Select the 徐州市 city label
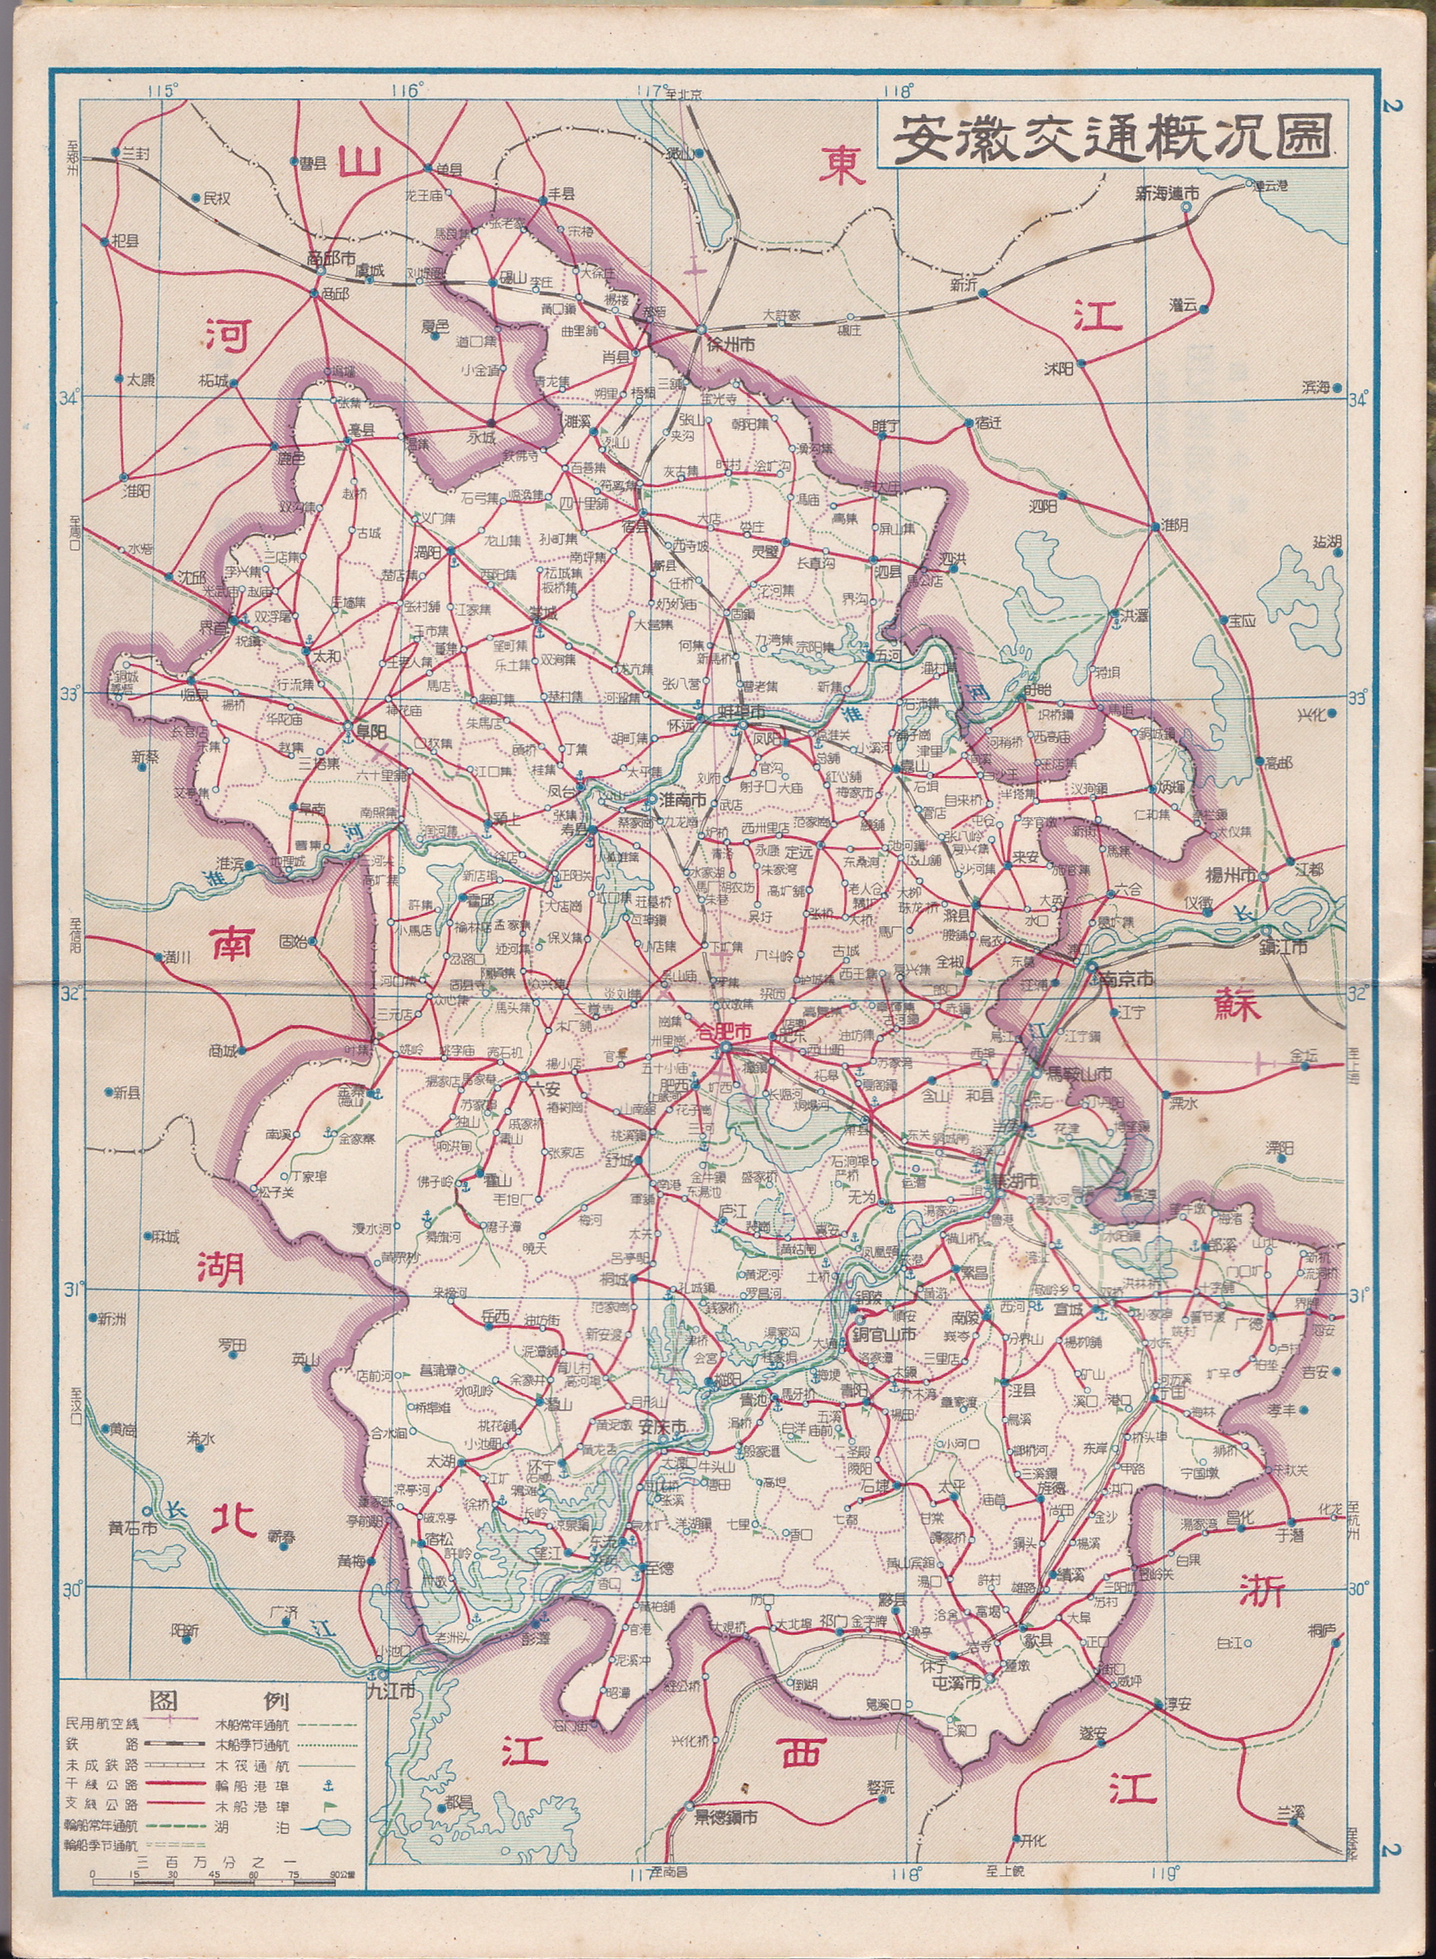(730, 345)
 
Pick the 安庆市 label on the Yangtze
(663, 1426)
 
